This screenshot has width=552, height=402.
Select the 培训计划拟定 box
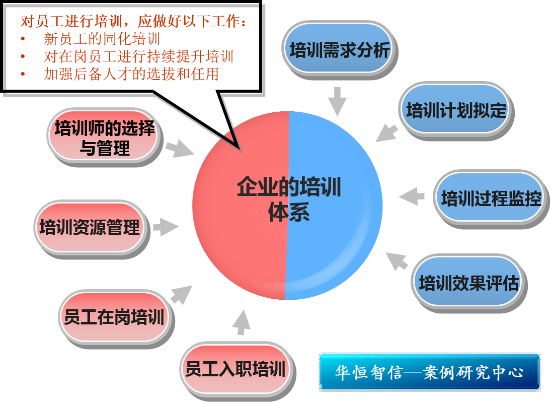tap(456, 110)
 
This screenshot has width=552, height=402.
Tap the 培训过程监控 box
tap(491, 198)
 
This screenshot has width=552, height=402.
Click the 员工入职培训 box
tap(235, 369)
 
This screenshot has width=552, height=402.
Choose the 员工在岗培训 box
tap(114, 317)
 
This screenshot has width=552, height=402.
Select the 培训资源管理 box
tap(90, 227)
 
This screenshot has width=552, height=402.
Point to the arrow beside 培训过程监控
tap(412, 196)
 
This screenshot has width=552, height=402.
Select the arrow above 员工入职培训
tap(242, 322)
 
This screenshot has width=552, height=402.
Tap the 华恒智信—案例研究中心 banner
tap(430, 372)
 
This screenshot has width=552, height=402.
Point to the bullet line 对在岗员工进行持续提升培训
tap(138, 56)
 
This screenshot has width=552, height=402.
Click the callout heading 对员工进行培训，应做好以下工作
tap(133, 22)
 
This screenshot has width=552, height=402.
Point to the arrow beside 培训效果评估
tap(397, 260)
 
